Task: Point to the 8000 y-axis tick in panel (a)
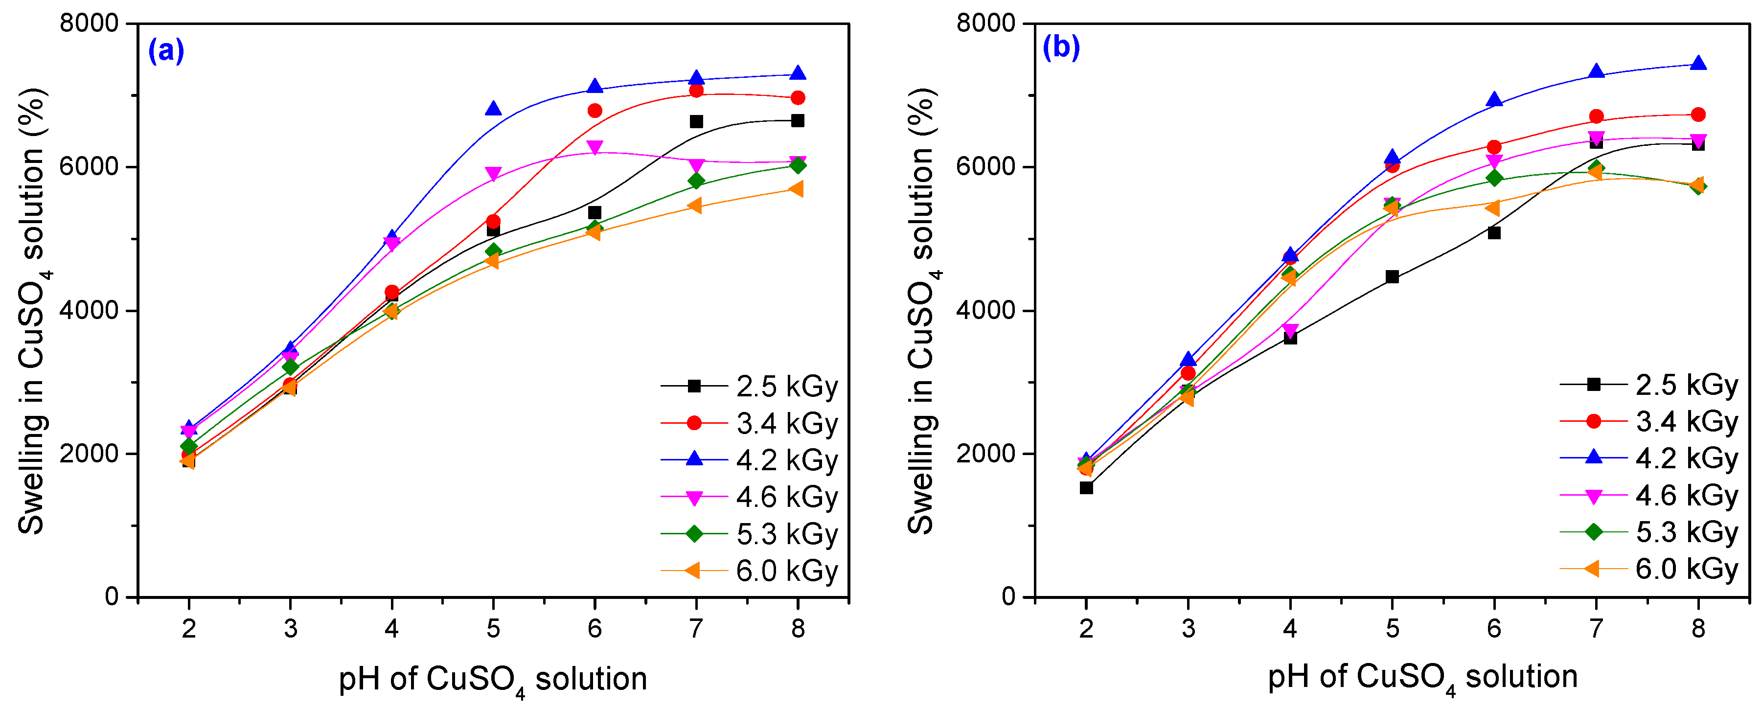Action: pos(89,23)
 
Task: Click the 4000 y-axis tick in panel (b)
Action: pos(985,310)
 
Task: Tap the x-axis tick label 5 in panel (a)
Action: pos(493,628)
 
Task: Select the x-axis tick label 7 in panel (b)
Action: pos(1596,628)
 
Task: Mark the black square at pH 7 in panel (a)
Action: pos(696,122)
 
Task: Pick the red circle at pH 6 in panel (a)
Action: pos(595,111)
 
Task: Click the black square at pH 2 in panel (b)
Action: pos(1086,487)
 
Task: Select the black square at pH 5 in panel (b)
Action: pos(1392,277)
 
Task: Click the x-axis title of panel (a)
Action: pos(492,680)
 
